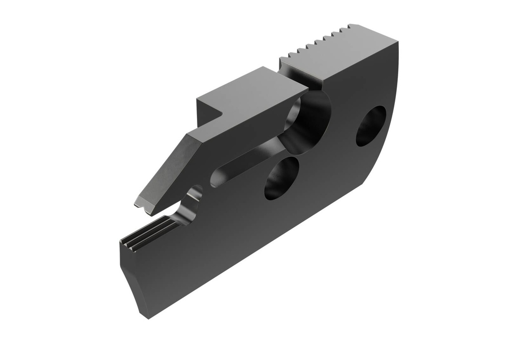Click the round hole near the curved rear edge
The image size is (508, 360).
[x=371, y=126]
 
